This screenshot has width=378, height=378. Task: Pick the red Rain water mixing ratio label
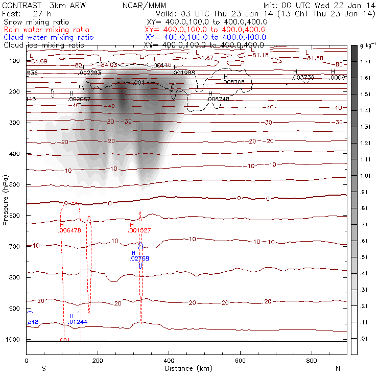pos(46,30)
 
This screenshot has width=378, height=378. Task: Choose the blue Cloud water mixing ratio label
pos(49,37)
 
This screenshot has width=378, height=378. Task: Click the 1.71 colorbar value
pos(365,61)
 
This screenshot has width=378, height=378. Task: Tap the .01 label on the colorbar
pos(365,339)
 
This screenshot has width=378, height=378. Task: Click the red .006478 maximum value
pos(70,231)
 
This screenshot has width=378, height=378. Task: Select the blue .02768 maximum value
pos(139,259)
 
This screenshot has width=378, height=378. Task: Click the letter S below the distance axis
pos(43,368)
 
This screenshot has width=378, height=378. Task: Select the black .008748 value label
pos(219,99)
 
